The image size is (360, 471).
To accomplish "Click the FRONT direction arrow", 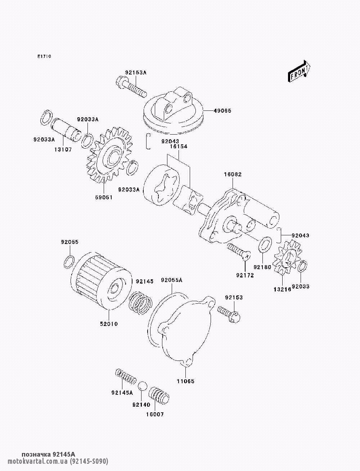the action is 299,71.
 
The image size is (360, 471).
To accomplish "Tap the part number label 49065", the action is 222,111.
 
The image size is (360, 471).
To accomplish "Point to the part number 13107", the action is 63,150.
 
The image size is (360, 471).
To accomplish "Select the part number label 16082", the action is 233,175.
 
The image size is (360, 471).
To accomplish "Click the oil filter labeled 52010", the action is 101,281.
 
